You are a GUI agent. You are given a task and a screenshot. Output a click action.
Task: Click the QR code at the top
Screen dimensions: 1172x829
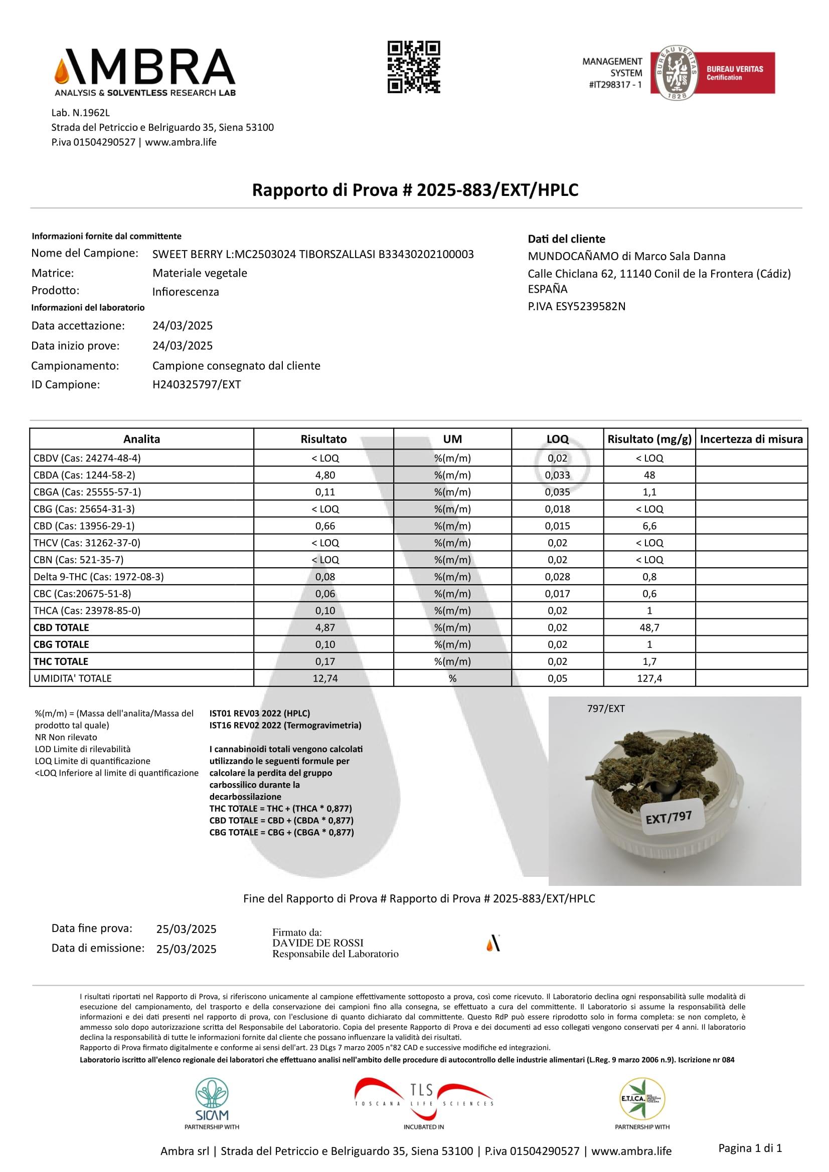[414, 67]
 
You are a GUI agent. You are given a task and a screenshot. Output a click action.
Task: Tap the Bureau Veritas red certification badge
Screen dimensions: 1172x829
[713, 73]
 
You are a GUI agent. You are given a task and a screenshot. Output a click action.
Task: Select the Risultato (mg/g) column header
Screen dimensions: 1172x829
[649, 439]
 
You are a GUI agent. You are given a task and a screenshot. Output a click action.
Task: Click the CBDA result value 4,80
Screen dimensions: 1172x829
[325, 475]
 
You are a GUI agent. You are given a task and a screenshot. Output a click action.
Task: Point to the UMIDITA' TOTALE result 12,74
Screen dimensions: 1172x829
[325, 678]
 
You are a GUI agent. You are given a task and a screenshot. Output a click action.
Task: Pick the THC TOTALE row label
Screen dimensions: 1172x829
[61, 661]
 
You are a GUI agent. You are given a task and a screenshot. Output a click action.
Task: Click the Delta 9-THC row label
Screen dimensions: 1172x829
[99, 577]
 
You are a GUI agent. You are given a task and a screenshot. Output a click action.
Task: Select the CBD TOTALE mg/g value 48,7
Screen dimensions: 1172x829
[649, 628]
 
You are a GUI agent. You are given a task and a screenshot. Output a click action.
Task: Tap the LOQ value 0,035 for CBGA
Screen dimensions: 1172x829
[557, 492]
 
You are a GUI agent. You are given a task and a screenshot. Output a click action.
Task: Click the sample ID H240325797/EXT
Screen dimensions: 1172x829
[197, 384]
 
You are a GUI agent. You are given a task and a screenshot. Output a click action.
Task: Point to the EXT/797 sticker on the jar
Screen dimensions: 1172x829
[669, 818]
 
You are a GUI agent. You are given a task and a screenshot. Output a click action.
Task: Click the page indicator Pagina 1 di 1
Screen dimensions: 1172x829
[750, 1148]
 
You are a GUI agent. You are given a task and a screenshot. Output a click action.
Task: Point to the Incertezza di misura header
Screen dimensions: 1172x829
[751, 439]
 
